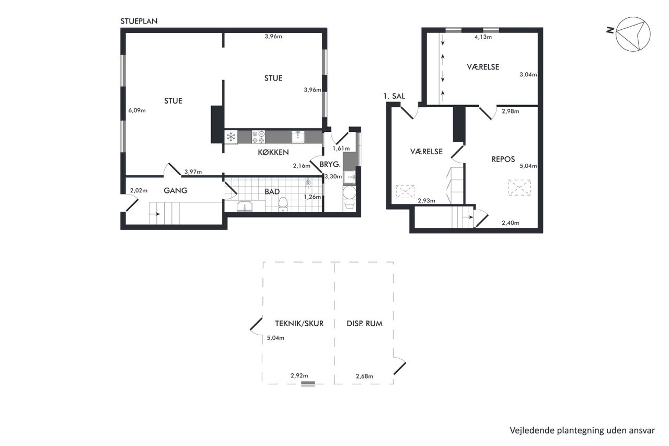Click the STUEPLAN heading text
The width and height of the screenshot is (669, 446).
tap(139, 21)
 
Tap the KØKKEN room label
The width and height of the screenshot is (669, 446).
tap(273, 152)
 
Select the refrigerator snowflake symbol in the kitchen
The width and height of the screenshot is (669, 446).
tap(231, 137)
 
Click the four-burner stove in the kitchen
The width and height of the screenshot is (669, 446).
tap(258, 137)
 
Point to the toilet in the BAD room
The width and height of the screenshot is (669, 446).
tap(283, 204)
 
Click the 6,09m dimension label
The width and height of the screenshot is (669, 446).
tap(137, 110)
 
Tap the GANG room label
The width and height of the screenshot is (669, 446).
tap(176, 191)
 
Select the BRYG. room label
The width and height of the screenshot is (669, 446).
tap(330, 164)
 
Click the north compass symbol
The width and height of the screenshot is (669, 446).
tap(632, 34)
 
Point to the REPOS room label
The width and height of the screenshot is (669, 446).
tap(503, 159)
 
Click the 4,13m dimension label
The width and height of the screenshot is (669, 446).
tap(483, 37)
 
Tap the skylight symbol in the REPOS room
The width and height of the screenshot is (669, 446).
tap(520, 188)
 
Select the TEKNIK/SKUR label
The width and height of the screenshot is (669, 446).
tap(299, 324)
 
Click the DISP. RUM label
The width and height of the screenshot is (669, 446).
tap(364, 324)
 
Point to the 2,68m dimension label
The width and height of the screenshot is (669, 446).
tap(364, 376)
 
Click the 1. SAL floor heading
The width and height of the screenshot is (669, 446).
tap(394, 96)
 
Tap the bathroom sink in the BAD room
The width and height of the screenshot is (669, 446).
tap(245, 207)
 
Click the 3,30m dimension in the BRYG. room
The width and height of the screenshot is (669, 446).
tap(333, 177)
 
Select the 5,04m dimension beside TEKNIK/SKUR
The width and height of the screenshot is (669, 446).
tap(275, 338)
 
